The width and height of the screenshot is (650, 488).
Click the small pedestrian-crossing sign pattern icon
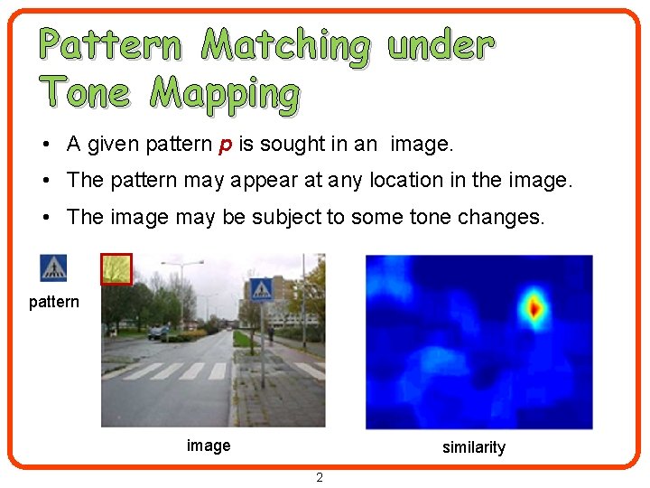(53, 268)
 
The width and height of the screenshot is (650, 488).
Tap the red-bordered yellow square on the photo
(116, 269)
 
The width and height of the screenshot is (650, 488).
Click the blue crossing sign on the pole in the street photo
(261, 289)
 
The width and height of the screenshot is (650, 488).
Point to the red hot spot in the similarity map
(534, 309)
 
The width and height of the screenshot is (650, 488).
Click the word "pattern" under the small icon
(54, 302)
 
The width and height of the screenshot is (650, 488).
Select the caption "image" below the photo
(209, 445)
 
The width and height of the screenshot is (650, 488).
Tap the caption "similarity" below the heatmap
(473, 447)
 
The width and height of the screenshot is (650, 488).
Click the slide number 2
(320, 477)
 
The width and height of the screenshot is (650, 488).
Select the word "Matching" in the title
(285, 46)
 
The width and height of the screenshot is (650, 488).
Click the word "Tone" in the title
(85, 92)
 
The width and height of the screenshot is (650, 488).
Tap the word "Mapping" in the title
(225, 94)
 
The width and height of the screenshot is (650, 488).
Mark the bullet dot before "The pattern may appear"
(44, 181)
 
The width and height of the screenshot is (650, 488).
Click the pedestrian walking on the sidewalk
(269, 335)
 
